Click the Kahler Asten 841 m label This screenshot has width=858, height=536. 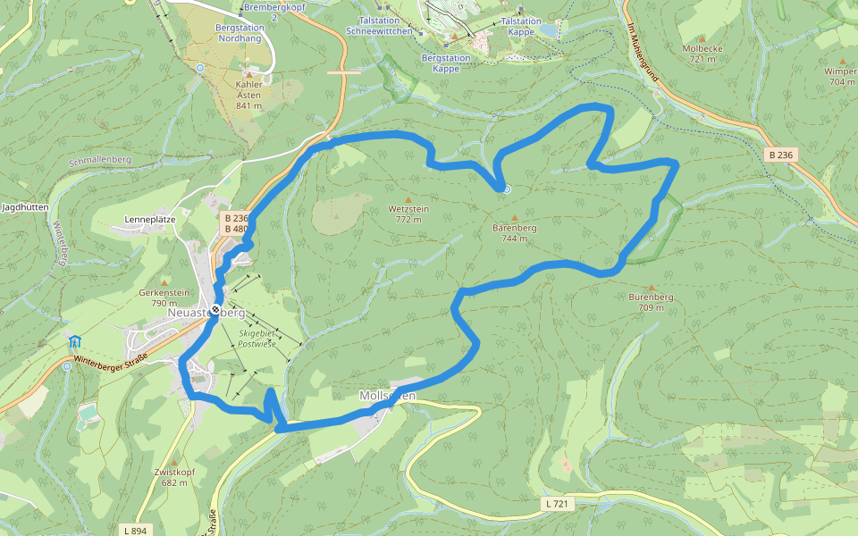point(248,95)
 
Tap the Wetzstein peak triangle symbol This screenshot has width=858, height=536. point(408,199)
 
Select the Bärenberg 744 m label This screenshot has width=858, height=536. point(514,233)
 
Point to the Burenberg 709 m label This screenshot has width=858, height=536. point(651,302)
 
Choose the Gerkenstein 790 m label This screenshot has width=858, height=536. point(164,297)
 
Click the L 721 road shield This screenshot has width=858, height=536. point(556,504)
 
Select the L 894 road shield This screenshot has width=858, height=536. point(131,530)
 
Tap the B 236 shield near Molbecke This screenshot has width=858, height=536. point(780,155)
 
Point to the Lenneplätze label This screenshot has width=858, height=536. point(149,219)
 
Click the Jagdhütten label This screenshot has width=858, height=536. point(25,206)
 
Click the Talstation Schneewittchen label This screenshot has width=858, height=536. point(380,25)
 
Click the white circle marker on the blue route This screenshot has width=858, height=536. point(506,188)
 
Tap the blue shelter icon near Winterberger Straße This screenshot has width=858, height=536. point(74,341)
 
